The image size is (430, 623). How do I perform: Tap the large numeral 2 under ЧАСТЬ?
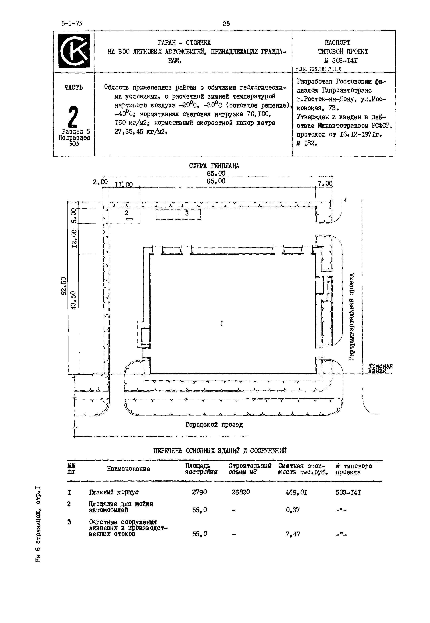point(73,117)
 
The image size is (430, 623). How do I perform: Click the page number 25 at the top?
point(226,24)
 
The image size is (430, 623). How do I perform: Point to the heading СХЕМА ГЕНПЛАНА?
point(214,166)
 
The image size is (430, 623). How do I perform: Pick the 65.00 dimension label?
point(216,181)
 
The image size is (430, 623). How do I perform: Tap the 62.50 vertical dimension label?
point(64,286)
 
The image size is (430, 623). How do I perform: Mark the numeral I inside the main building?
point(222,324)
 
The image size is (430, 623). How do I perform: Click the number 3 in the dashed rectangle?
point(187,213)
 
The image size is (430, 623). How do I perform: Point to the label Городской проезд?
point(214,425)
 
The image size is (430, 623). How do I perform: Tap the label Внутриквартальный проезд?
point(352,316)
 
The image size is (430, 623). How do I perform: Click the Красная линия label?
point(380,368)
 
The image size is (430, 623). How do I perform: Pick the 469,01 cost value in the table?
point(296,492)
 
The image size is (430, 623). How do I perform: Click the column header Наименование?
point(128,469)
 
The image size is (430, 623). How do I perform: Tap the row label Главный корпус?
point(114,492)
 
